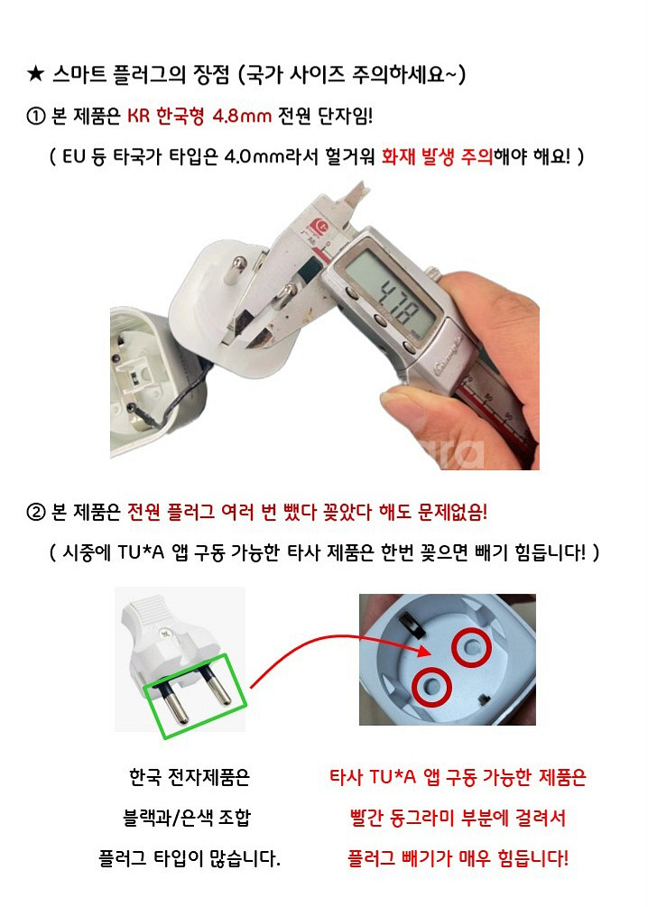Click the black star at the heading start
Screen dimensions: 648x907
click(x=35, y=74)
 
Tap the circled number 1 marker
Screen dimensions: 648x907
click(x=36, y=116)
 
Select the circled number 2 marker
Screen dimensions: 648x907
click(x=36, y=512)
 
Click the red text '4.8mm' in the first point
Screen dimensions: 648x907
click(x=242, y=116)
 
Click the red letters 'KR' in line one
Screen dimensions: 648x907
click(x=139, y=116)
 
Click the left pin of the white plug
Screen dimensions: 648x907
click(x=174, y=700)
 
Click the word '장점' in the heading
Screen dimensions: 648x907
click(x=211, y=74)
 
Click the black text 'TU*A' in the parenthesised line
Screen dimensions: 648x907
click(x=141, y=552)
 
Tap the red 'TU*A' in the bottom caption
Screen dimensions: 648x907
click(x=393, y=776)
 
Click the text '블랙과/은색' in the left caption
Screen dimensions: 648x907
click(x=168, y=818)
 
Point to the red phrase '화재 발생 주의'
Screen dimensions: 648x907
click(x=437, y=156)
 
